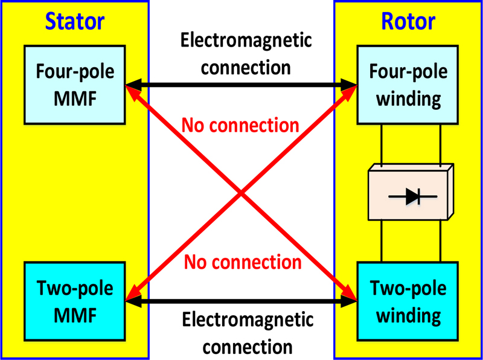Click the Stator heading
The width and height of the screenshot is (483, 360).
coord(75,22)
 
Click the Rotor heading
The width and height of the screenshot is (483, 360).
coord(408,22)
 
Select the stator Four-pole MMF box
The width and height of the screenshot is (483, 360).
coord(75,85)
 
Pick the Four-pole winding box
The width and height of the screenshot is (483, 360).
coord(408,85)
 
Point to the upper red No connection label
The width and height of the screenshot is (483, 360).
coord(240,125)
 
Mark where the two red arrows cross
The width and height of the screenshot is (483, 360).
coord(241,193)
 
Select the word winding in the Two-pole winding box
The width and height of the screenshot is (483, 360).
coord(408,313)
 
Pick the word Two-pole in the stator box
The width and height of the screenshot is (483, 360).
coord(75,288)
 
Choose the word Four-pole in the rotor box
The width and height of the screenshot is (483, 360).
coord(408,72)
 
